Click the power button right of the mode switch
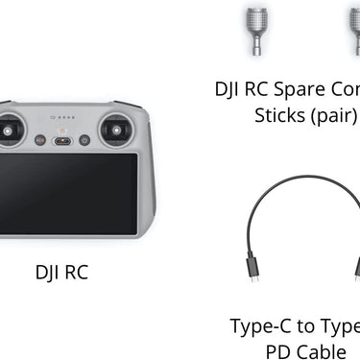(85, 140)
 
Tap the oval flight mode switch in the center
(62, 141)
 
